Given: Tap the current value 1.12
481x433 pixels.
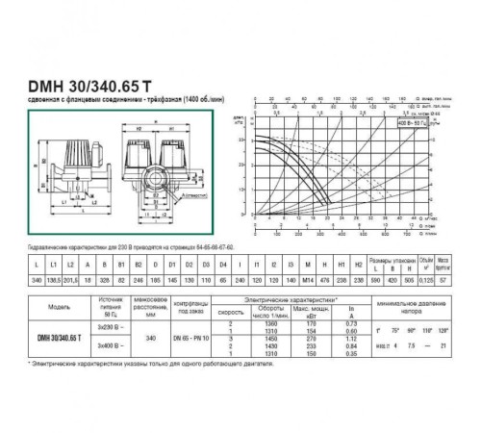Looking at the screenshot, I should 365,339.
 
